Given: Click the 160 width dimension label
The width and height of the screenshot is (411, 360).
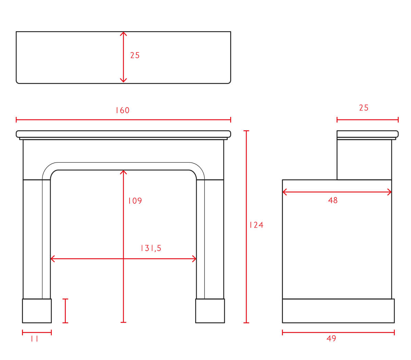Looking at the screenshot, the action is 123,110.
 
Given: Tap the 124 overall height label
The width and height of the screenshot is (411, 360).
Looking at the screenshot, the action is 256,225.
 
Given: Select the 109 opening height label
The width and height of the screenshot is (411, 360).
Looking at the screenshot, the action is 135,201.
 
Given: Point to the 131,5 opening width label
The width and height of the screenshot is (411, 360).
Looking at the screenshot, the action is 151,248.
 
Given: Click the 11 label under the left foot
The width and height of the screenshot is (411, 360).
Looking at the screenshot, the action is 34,339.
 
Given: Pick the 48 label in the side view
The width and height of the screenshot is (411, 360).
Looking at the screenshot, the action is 333,200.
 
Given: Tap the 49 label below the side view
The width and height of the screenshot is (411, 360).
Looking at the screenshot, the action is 331,338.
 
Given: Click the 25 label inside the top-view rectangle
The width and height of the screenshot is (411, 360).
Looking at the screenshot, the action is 135,55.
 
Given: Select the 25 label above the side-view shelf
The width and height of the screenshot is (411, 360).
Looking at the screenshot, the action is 364,108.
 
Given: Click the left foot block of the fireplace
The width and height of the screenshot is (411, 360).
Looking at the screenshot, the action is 37,311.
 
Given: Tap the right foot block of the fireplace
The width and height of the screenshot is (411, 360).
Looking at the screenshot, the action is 210,311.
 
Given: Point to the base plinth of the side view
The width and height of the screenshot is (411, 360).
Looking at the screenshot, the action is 338,311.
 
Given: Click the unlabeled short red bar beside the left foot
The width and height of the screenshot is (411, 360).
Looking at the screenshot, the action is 65,311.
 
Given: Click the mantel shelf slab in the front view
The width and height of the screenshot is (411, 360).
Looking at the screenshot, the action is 123,134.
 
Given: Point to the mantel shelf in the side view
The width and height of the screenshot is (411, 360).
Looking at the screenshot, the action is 368,134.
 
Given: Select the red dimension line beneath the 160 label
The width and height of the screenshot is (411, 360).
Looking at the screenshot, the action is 123,120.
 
